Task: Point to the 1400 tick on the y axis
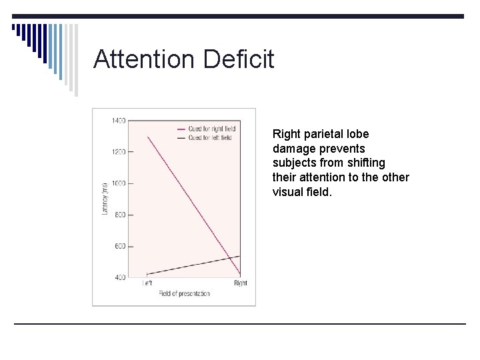118,121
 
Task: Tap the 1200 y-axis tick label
118,152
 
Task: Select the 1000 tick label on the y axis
118,183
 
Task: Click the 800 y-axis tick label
120,215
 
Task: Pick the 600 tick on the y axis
120,246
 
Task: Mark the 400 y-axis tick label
120,277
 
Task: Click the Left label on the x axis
147,283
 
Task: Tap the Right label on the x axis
241,283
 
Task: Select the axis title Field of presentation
184,293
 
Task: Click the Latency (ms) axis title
104,199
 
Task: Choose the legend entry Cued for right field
209,129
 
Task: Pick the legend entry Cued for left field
209,137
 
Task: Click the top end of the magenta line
147,137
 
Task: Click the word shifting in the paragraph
367,163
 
